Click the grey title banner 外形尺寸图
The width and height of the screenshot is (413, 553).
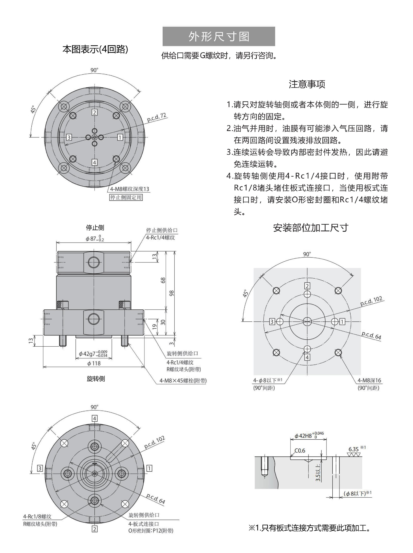(219, 37)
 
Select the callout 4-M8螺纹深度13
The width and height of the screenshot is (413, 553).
(129, 189)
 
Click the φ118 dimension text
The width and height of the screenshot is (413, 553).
(94, 363)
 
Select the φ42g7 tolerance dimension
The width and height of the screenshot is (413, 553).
(93, 354)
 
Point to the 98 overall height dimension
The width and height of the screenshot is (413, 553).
(172, 293)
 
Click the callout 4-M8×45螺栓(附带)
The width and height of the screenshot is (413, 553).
(183, 381)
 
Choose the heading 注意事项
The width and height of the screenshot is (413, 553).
(307, 84)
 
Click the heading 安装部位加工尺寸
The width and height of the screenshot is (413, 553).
(310, 228)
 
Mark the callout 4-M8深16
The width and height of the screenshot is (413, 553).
(369, 380)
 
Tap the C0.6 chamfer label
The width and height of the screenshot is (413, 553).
(300, 451)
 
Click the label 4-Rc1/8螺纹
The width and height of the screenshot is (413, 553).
(37, 516)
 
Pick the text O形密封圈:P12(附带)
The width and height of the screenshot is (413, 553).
(151, 531)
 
